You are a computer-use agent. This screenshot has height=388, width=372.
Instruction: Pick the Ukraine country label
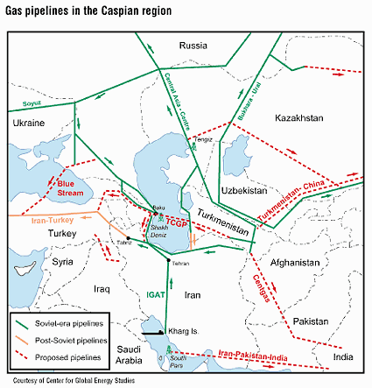point(29,124)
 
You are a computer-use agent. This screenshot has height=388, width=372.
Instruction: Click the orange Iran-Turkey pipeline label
point(38,222)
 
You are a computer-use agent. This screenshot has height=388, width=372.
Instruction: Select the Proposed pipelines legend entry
point(70,356)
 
